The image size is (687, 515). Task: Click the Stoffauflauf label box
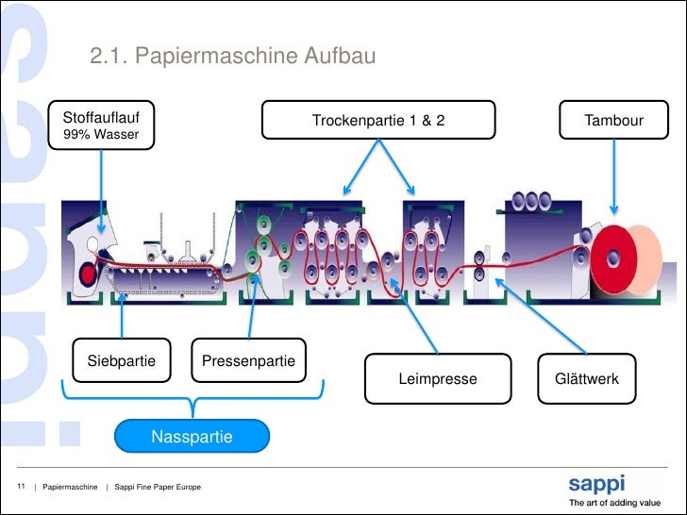101,125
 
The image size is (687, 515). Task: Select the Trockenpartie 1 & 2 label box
378,120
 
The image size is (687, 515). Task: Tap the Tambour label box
613,120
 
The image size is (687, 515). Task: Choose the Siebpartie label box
122,360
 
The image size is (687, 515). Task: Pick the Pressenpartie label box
248,360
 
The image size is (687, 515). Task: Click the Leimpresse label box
438,378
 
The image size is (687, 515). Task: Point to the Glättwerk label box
587,378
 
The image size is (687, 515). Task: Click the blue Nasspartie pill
192,436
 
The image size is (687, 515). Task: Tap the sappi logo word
596,484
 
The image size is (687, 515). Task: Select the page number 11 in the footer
21,486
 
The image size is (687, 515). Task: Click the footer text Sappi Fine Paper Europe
158,487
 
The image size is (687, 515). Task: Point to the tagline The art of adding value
614,503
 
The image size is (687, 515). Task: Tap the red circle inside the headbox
88,274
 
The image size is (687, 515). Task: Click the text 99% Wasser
101,134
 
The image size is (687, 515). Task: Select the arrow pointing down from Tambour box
613,176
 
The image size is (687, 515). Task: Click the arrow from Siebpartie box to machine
122,315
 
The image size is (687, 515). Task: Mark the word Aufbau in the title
340,56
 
